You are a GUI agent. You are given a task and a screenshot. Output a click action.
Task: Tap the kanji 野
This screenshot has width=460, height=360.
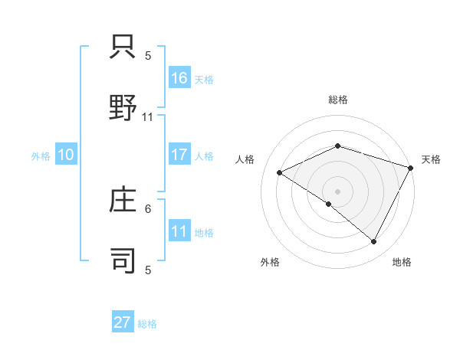123,106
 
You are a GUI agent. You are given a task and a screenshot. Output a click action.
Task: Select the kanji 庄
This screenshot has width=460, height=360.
123,200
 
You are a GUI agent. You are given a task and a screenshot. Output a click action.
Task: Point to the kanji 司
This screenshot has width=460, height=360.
123,259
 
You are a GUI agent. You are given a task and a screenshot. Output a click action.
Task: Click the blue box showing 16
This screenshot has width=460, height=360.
179,77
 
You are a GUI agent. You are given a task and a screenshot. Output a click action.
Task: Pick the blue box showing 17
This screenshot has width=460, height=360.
179,155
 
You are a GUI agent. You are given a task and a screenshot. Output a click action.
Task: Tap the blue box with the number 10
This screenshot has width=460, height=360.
66,155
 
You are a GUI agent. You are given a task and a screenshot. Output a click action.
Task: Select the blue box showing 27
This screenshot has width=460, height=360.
123,322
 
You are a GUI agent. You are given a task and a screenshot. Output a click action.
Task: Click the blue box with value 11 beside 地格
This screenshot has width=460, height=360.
179,231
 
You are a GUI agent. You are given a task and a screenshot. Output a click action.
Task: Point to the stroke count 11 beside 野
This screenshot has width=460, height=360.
148,117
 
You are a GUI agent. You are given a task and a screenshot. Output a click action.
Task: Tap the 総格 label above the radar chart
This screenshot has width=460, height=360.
337,100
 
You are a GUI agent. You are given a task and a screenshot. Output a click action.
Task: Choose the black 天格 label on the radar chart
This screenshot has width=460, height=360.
431,159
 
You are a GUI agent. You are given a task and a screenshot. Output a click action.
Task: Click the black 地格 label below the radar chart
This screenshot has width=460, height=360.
402,262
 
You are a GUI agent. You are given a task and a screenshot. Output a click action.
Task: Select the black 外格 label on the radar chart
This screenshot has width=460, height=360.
270,262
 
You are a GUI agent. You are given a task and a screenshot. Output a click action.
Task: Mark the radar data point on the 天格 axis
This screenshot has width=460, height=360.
411,168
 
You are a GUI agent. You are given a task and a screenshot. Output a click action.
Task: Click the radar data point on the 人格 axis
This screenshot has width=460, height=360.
280,173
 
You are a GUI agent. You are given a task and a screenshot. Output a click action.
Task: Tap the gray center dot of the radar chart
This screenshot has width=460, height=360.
337,191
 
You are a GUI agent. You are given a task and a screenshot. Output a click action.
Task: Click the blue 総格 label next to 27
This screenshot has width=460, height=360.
147,324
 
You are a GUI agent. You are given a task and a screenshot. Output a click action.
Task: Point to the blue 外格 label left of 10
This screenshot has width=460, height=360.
41,156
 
